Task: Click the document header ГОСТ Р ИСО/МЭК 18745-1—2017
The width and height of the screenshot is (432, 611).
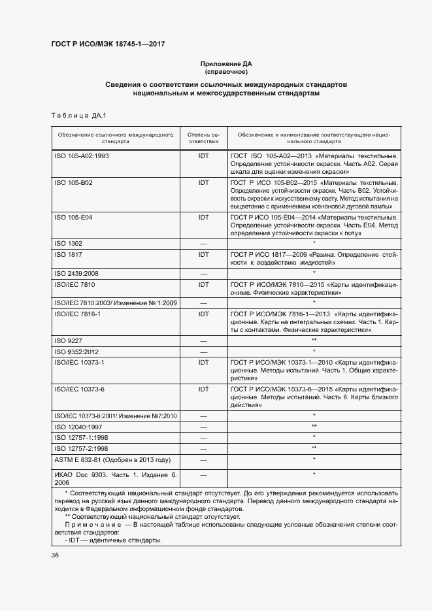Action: pyautogui.click(x=108, y=44)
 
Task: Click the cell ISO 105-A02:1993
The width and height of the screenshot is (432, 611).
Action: pyautogui.click(x=82, y=156)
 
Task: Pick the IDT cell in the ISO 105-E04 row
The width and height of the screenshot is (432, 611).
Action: pyautogui.click(x=203, y=217)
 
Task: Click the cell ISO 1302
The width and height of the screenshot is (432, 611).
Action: pyautogui.click(x=68, y=243)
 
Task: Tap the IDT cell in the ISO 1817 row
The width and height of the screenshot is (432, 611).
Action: pyautogui.click(x=203, y=254)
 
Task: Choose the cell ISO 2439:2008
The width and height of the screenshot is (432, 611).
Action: pyautogui.click(x=76, y=273)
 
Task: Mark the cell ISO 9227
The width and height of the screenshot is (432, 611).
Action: pyautogui.click(x=68, y=341)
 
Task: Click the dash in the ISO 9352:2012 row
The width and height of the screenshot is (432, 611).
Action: pyautogui.click(x=203, y=352)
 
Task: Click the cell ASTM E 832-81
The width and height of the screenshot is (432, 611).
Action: pyautogui.click(x=112, y=459)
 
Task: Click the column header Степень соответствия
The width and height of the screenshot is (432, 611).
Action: pyautogui.click(x=203, y=137)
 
